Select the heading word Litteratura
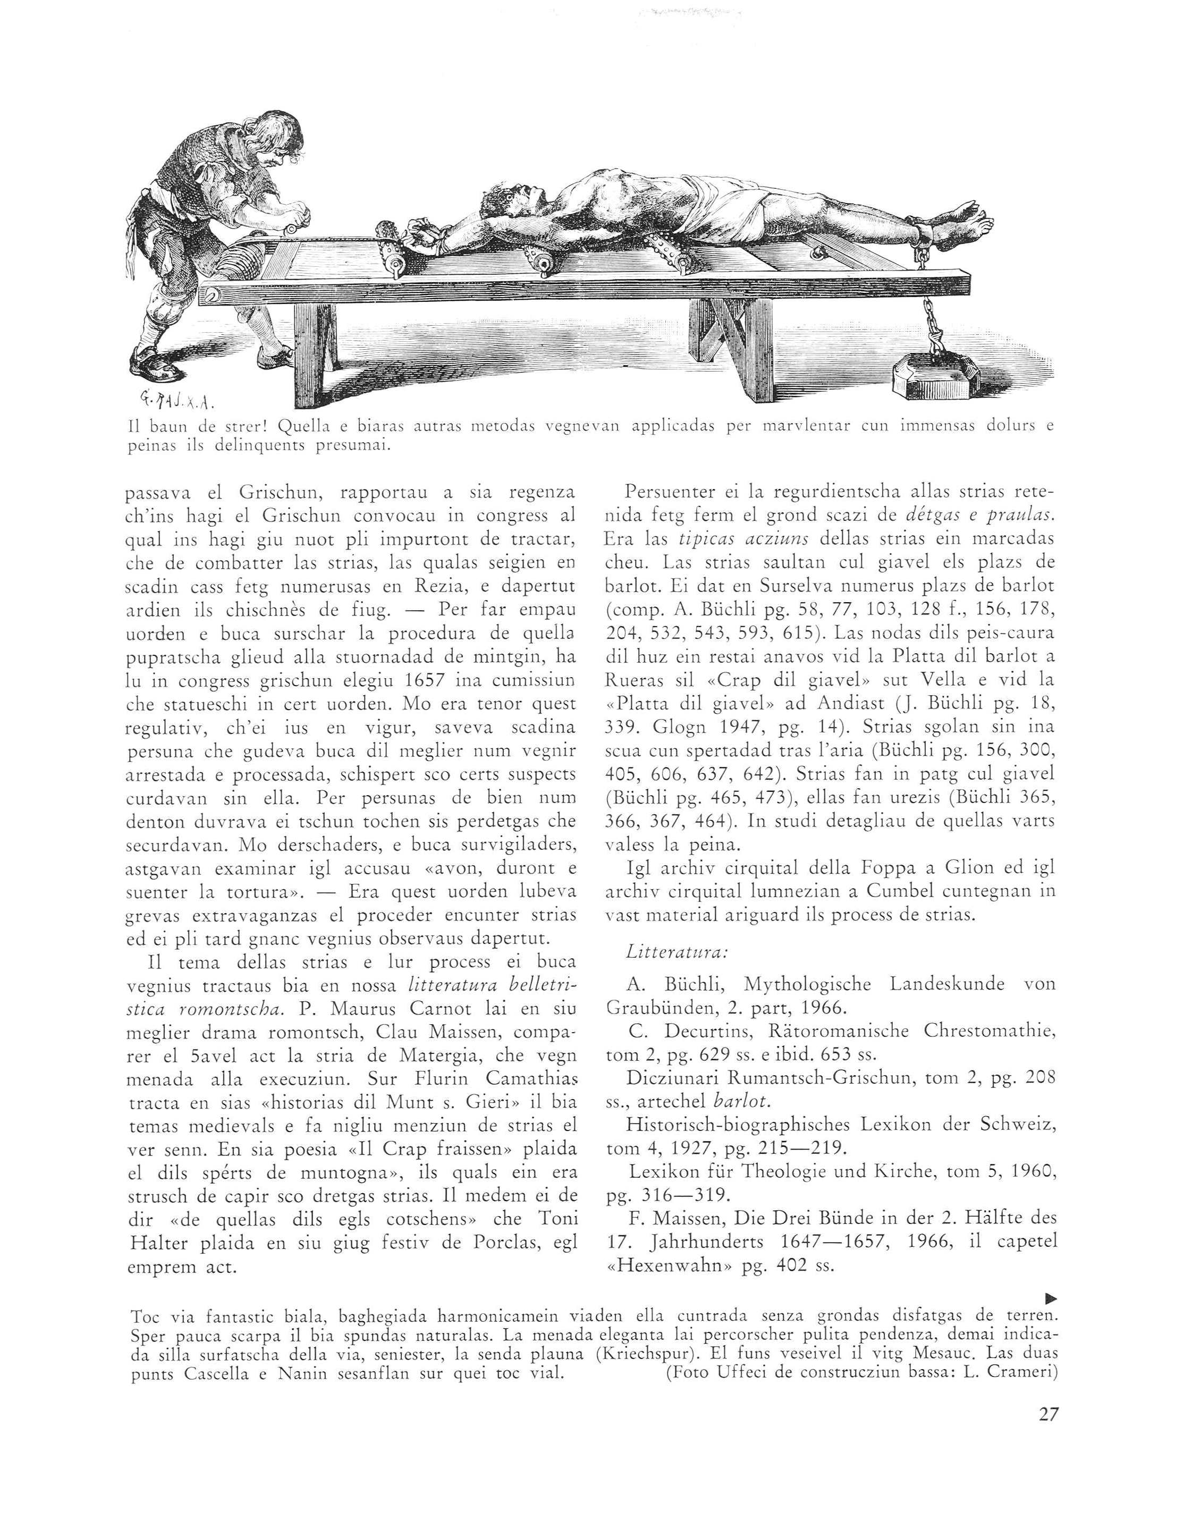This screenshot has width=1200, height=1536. pyautogui.click(x=676, y=952)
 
